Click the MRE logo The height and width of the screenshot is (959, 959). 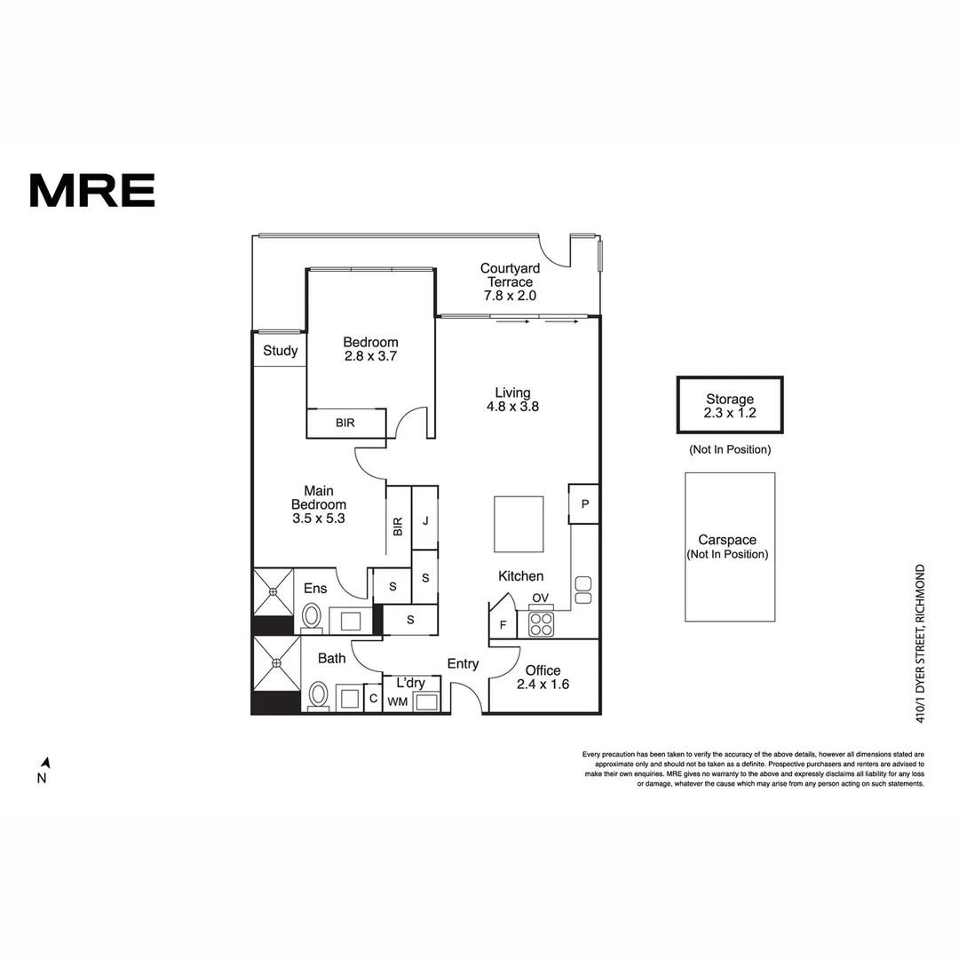[x=91, y=190]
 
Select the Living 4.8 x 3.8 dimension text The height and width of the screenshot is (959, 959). [x=512, y=407]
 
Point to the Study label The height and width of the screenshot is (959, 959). [x=280, y=351]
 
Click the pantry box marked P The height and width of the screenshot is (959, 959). [x=584, y=504]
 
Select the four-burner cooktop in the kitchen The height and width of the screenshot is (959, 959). [x=542, y=624]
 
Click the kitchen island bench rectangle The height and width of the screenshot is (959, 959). [x=519, y=524]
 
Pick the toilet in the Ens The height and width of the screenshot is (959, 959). [x=312, y=616]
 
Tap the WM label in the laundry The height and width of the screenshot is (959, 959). [x=398, y=702]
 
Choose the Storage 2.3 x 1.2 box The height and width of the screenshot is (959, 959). [x=730, y=405]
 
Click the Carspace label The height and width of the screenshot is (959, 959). [x=727, y=540]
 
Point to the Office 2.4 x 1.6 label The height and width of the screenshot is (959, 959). [x=543, y=678]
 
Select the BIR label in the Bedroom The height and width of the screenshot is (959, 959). [x=345, y=423]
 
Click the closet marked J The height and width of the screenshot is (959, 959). [x=425, y=519]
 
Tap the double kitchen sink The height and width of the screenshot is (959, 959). [x=583, y=590]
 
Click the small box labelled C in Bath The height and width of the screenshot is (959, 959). [x=373, y=699]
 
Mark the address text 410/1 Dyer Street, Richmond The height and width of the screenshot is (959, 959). [x=920, y=644]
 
